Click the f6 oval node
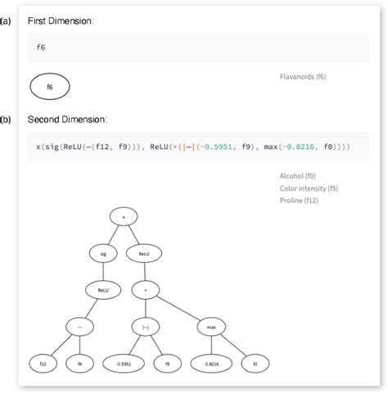[49, 85]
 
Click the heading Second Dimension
[66, 120]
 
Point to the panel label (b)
[6, 120]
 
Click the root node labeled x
[123, 217]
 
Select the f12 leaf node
[40, 361]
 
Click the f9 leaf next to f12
[79, 361]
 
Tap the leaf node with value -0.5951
[123, 361]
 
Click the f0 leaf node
[255, 361]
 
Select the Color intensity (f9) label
[309, 188]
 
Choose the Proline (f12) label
[300, 200]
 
